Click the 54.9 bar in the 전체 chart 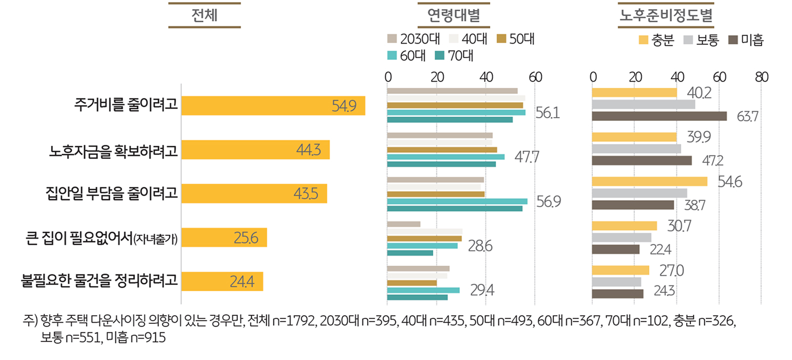[273, 106]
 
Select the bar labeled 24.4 [222, 281]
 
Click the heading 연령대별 [453, 16]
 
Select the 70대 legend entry [453, 55]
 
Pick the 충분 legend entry [656, 40]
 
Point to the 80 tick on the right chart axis [761, 77]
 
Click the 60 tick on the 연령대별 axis [535, 77]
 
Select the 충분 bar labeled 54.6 [649, 182]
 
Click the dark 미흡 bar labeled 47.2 [641, 161]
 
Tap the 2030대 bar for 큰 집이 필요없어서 [403, 224]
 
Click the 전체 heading [204, 16]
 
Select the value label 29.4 [482, 290]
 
